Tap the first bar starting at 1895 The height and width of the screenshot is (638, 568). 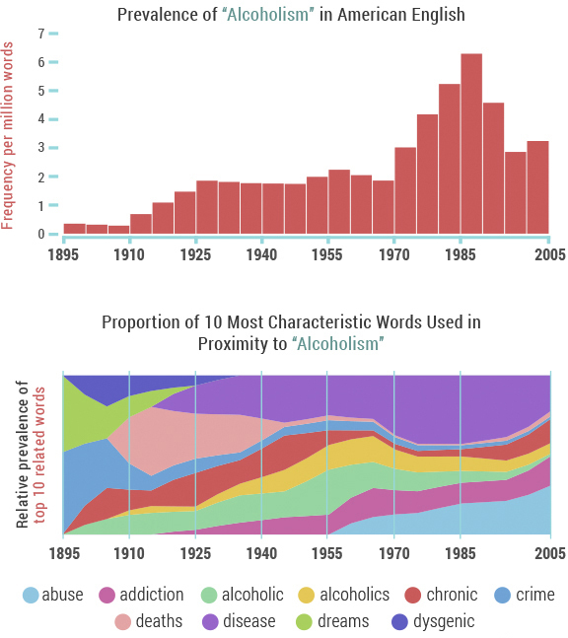[74, 229]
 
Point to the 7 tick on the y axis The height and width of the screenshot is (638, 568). [40, 34]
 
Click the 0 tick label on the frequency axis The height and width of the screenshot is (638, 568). [40, 235]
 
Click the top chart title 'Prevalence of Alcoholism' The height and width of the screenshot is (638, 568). [291, 15]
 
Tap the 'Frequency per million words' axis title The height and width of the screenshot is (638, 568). [9, 135]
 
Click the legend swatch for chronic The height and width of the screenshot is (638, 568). [413, 595]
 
